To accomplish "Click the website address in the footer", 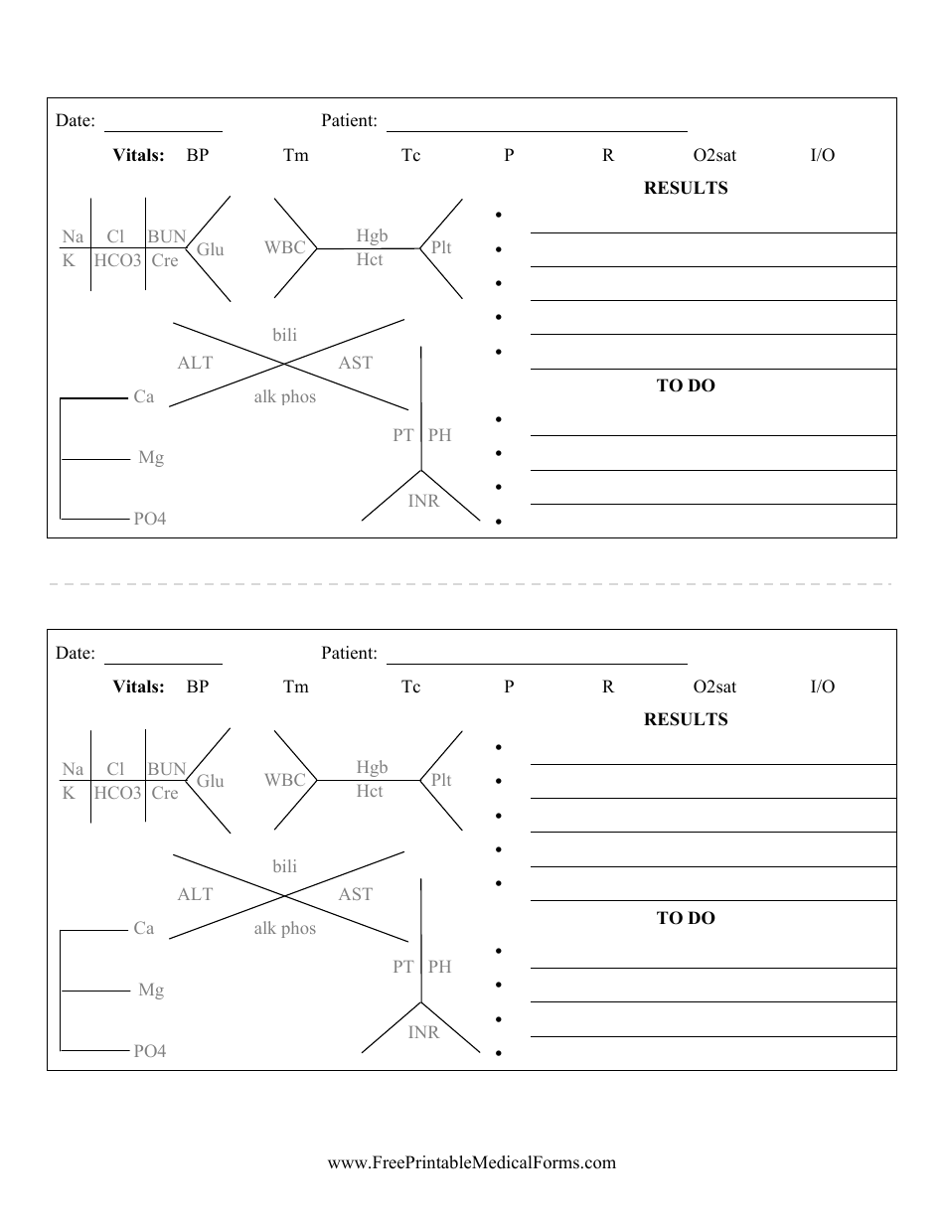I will (471, 1162).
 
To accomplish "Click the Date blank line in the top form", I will (163, 130).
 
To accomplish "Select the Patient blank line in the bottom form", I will (537, 663).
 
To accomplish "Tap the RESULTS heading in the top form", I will (686, 188).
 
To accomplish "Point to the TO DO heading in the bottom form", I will (686, 918).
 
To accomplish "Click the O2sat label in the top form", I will (714, 155).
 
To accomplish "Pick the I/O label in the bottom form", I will (822, 687).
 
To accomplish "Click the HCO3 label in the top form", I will (118, 260).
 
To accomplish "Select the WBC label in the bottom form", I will (284, 780).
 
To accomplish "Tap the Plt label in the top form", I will (440, 247).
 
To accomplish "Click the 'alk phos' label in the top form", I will (284, 396).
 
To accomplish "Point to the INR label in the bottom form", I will (423, 1032).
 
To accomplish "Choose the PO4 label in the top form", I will (150, 519).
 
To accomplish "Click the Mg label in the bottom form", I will (151, 990).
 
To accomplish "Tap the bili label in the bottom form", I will (284, 866).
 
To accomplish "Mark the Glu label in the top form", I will (210, 249).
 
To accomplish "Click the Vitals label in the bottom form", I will (138, 687).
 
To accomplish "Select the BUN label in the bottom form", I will (167, 768).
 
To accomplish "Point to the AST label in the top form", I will (355, 363).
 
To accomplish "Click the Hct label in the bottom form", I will (370, 791).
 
